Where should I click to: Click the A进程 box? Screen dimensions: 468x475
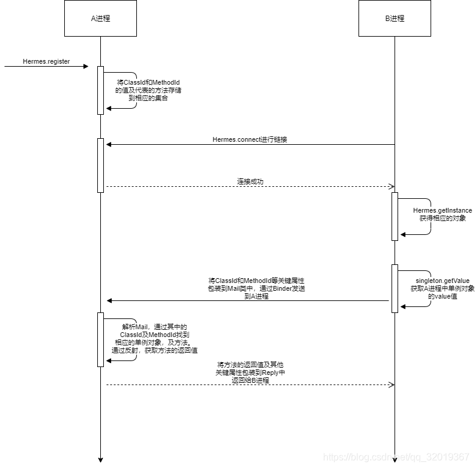pos(100,18)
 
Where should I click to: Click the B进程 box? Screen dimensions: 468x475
pos(395,18)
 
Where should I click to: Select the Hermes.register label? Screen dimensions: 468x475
pos(46,61)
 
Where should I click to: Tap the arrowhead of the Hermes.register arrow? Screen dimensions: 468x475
pos(85,66)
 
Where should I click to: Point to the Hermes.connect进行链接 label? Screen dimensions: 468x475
pos(250,139)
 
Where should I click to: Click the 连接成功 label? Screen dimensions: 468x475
pos(250,181)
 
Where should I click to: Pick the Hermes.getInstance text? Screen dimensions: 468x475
pos(443,210)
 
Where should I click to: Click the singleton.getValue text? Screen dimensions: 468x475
pos(443,281)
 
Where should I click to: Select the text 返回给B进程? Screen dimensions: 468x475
pos(250,380)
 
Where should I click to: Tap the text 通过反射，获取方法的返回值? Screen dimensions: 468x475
pos(155,350)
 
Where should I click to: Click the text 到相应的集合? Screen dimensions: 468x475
pos(148,97)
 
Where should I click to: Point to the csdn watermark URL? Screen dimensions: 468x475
pos(396,457)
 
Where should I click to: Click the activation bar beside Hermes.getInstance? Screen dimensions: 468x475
pos(395,216)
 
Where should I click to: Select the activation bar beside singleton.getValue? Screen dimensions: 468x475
pos(395,288)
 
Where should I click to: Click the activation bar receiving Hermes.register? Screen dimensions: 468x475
pos(100,90)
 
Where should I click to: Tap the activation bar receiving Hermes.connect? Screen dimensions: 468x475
pos(100,165)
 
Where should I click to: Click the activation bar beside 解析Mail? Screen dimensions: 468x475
pos(100,339)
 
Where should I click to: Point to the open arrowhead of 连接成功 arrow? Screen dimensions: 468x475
pos(390,186)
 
